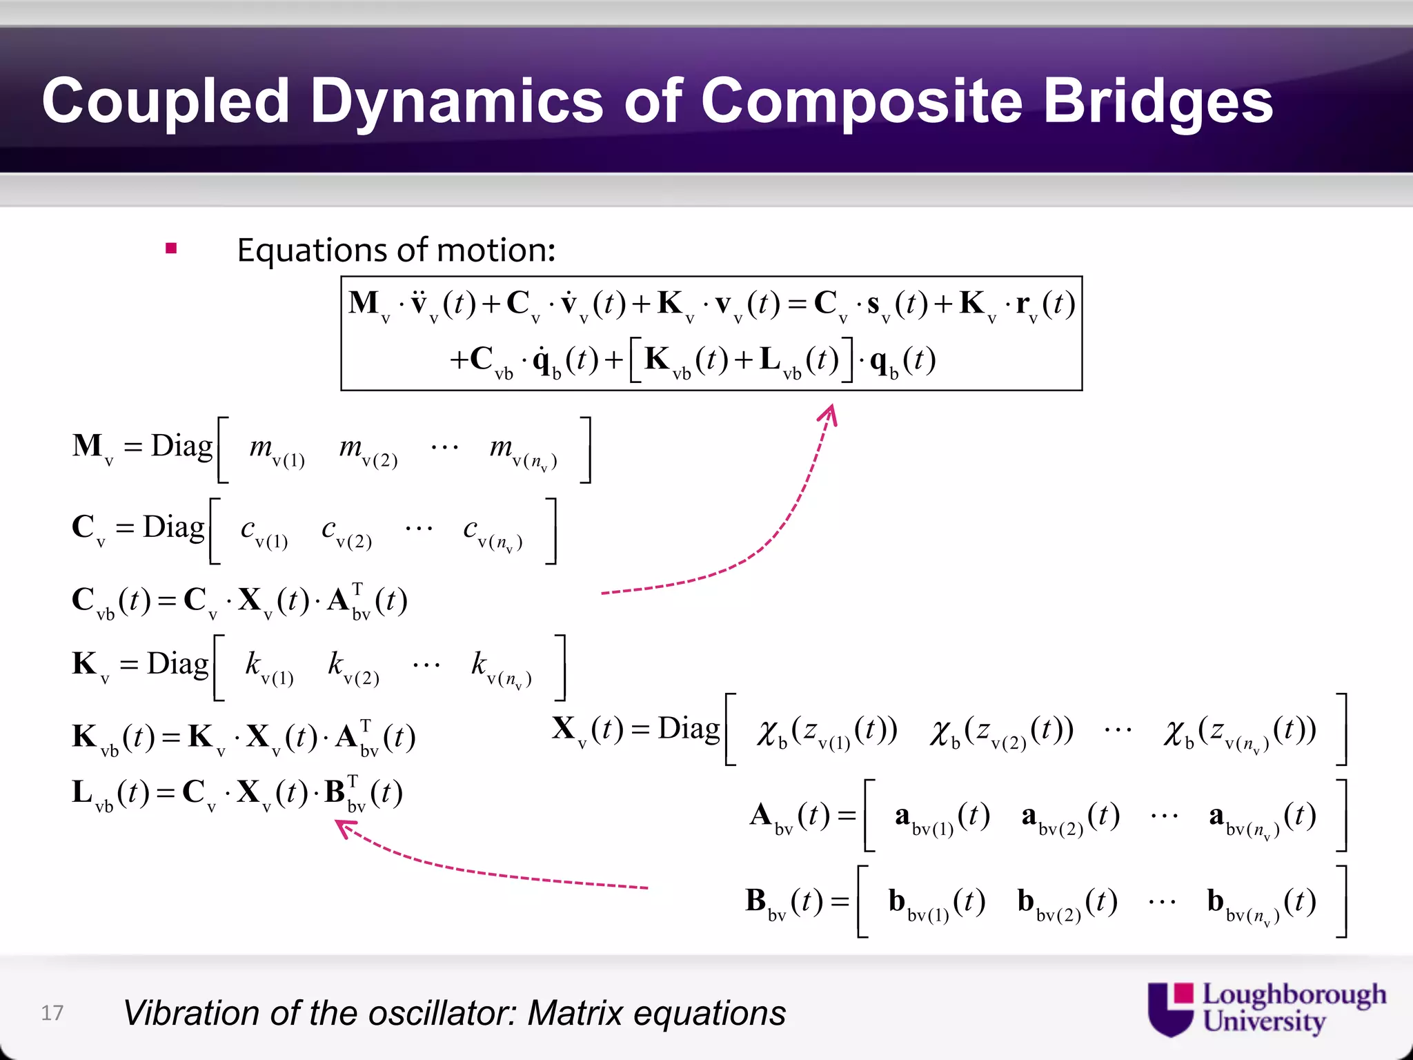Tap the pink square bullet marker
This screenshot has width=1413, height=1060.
171,248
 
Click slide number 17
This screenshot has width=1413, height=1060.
52,1012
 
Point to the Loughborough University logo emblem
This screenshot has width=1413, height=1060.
1170,1009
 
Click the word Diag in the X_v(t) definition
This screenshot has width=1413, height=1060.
689,729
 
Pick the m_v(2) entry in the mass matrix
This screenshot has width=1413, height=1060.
368,451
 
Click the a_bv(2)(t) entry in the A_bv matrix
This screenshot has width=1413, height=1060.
1070,818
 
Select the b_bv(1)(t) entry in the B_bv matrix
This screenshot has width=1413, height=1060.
936,903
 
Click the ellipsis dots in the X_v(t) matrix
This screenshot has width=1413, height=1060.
1118,729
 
